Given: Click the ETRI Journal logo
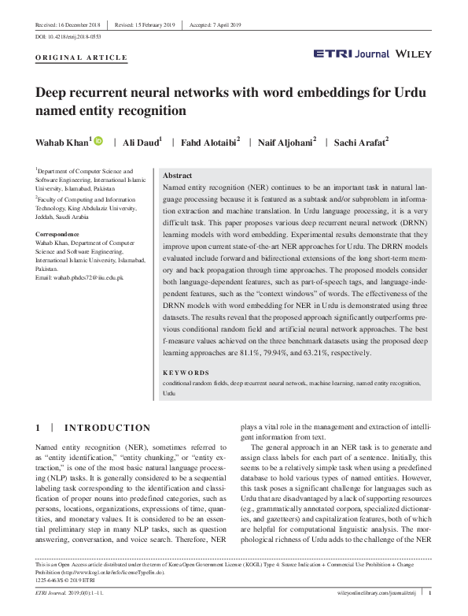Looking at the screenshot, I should click(347, 54).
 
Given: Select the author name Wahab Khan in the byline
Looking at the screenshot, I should click(63, 143).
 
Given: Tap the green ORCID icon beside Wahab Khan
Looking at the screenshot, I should click(98, 142).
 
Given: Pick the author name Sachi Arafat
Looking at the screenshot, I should click(360, 143).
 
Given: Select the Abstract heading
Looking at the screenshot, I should click(178, 176).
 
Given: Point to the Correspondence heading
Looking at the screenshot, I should click(63, 236).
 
